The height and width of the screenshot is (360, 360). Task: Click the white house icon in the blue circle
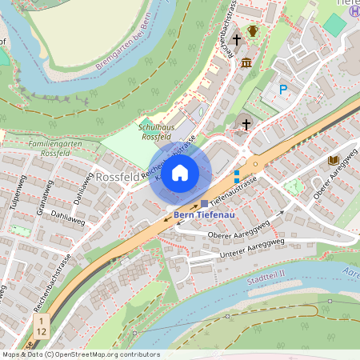[x=180, y=173]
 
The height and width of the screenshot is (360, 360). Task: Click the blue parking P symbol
[x=282, y=90]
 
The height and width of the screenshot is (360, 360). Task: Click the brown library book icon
[x=333, y=160]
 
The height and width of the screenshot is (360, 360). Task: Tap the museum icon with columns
[x=246, y=62]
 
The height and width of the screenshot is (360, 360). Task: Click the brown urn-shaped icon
[x=254, y=32]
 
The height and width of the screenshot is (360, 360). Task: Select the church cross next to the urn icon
[x=236, y=38]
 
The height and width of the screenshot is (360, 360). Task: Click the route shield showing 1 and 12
[x=40, y=326]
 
